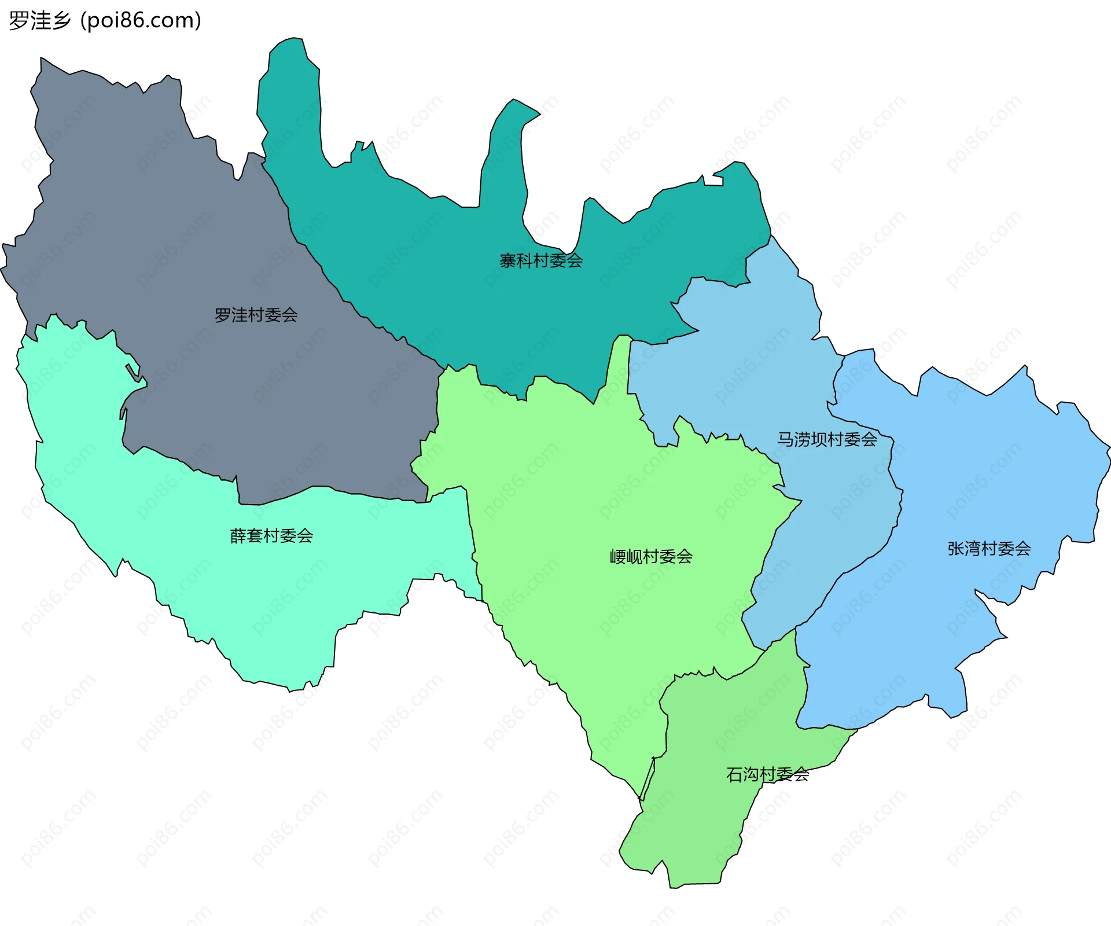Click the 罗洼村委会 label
point(256,315)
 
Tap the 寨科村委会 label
point(541,261)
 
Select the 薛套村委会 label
point(271,536)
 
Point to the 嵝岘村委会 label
point(651,557)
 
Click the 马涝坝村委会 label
point(827,439)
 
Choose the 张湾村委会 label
point(989,549)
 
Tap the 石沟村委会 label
point(767,774)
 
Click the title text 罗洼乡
point(40,21)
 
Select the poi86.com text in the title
point(141,21)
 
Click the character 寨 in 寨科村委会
point(508,261)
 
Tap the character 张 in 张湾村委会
point(956,549)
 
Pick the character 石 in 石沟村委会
point(735,774)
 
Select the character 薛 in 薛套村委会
point(238,536)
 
